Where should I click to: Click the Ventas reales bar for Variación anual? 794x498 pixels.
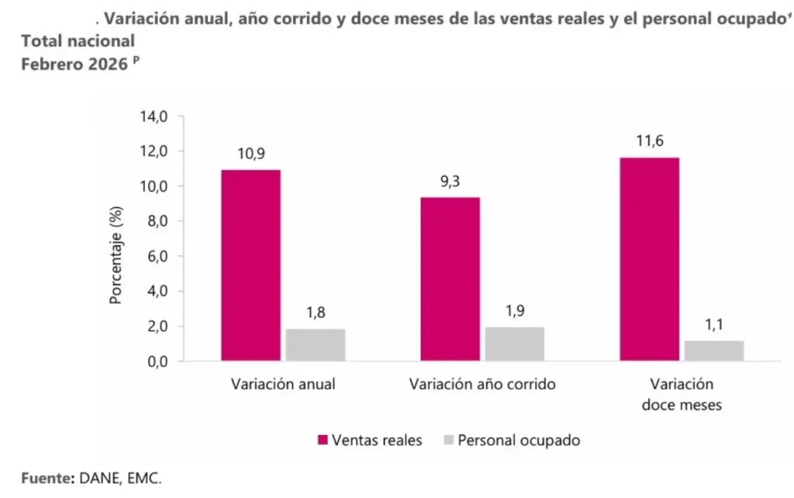tap(250, 265)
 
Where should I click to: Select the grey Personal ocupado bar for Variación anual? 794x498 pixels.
tap(315, 345)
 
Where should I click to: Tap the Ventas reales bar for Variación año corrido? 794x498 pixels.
tap(450, 279)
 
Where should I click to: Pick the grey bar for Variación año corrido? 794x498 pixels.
tap(514, 344)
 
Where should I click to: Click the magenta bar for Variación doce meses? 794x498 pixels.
tap(649, 259)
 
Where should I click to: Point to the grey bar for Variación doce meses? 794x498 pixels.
tap(713, 351)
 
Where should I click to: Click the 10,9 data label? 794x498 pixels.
tap(250, 154)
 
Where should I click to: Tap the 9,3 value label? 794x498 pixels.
tap(450, 182)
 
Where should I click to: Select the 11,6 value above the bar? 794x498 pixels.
tap(649, 141)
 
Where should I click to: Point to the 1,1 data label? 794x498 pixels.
tap(713, 324)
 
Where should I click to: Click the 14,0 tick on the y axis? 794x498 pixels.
tap(153, 116)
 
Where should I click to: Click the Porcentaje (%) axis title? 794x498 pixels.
tap(116, 256)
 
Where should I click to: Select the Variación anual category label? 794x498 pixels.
tap(283, 385)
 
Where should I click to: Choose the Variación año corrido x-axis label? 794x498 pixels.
tap(482, 385)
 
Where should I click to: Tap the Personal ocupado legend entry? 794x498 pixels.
tap(510, 441)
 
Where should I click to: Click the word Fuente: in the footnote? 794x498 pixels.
tap(47, 478)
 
